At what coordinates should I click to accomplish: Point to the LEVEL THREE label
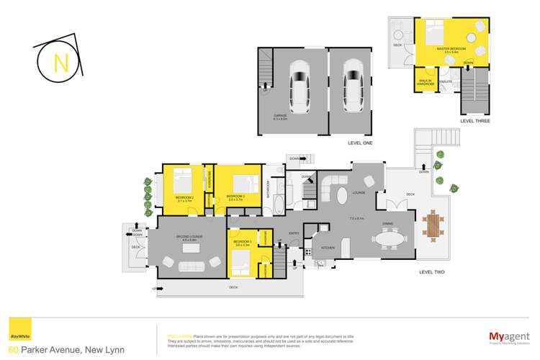coord(474,121)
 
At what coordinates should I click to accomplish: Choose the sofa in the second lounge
coord(191,267)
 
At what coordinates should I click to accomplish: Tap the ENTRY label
coord(294,233)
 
